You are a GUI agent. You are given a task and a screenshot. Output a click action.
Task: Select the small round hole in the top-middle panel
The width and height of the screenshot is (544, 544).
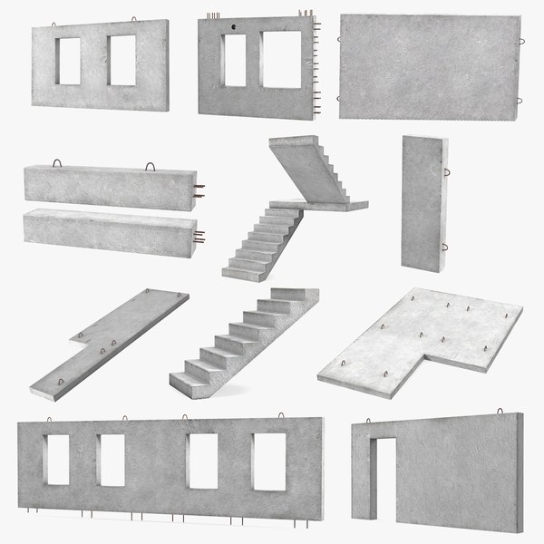coord(234,28)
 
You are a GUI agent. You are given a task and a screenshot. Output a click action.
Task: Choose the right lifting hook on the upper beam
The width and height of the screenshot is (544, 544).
coord(150,166)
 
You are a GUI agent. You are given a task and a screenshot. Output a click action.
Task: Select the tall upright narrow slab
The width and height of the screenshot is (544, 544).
coord(423,201)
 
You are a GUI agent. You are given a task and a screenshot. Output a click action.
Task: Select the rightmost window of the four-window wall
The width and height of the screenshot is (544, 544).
coord(269,462)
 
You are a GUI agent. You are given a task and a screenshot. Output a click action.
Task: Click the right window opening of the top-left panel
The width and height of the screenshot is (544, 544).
coord(121,61)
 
